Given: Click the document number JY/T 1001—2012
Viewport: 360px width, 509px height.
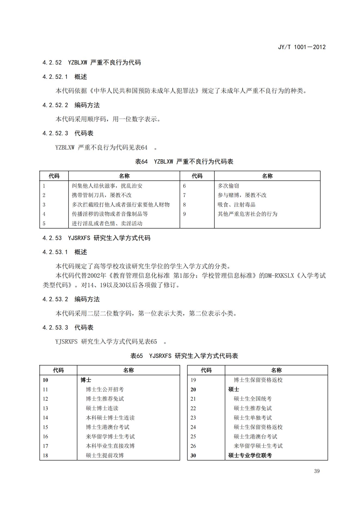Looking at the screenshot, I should [301, 47].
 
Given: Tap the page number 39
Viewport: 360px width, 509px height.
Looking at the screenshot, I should [317, 471].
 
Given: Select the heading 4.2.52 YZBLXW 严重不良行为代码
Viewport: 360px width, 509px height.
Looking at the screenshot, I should [92, 63].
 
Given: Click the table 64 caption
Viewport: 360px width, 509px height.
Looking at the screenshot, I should [184, 162].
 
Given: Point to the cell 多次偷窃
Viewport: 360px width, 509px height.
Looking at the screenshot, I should [228, 186].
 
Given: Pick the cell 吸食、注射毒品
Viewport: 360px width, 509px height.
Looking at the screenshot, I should [236, 205].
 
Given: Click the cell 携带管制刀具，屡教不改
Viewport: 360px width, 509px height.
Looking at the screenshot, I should [101, 195].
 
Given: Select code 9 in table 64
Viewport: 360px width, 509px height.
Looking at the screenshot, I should [184, 214].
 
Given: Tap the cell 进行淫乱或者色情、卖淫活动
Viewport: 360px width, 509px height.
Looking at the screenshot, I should [107, 224].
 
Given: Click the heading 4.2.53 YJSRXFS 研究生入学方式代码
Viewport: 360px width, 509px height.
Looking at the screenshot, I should [96, 238].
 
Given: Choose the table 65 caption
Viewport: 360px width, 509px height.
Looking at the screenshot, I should [184, 356].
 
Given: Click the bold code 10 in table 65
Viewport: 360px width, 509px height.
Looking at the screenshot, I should [45, 380].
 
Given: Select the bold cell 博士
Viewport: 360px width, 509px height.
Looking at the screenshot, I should [86, 380].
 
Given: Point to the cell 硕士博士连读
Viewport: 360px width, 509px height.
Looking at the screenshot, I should [102, 408].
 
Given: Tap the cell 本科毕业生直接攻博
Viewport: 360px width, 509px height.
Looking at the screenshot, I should [110, 446].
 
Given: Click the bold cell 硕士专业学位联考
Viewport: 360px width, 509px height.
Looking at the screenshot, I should [250, 455].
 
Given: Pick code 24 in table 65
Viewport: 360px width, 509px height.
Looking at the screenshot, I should [193, 427].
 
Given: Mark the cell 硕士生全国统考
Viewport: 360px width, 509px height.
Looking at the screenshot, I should [253, 399].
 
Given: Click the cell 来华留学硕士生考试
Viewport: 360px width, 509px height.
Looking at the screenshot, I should [258, 446].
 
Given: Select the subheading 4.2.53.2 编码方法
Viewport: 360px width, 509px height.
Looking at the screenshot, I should [71, 299].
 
